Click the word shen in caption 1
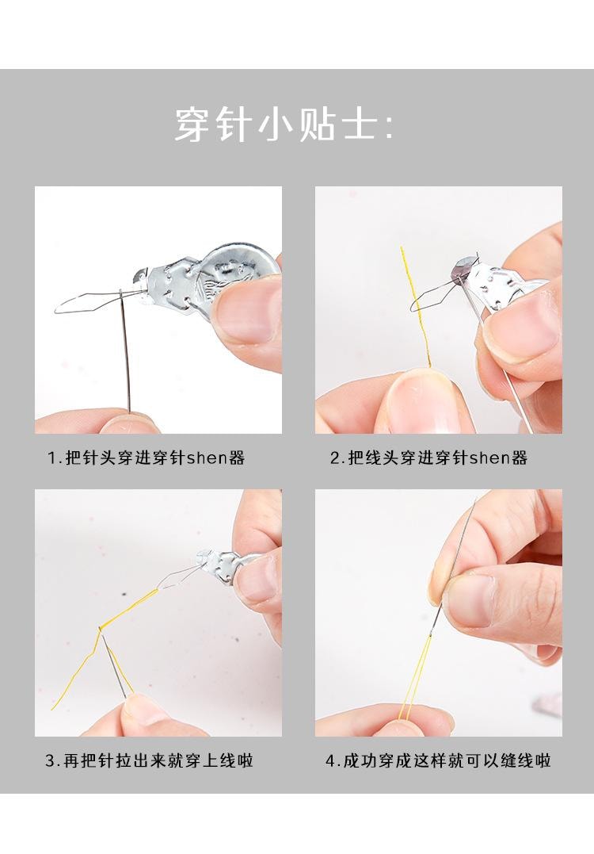tap(207, 458)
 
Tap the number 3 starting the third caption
tap(49, 760)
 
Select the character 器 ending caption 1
tap(236, 458)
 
